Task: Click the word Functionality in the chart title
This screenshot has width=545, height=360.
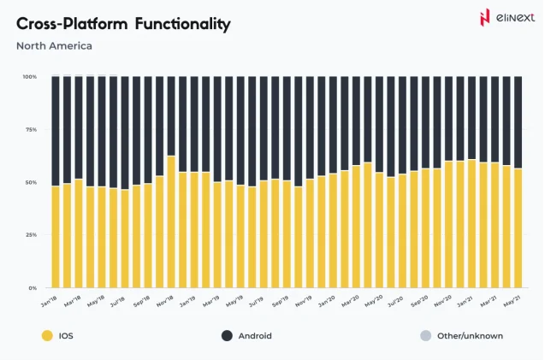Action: coord(181,24)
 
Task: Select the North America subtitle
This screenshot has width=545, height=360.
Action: coord(54,46)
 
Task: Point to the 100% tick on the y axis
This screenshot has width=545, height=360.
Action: coord(29,77)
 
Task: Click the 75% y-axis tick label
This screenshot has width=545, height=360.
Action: coord(30,129)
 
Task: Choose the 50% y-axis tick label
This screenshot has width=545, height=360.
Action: coord(30,182)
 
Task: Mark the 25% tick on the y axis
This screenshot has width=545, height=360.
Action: coord(30,234)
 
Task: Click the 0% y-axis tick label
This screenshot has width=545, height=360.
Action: coord(32,288)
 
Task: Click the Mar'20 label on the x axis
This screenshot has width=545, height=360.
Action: coord(350,302)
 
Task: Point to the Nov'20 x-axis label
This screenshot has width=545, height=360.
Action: coord(442,302)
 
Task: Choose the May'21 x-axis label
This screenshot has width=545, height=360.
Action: coord(512,302)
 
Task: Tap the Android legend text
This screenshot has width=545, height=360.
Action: coord(255,336)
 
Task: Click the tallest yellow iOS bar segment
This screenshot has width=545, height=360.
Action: coord(172,222)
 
